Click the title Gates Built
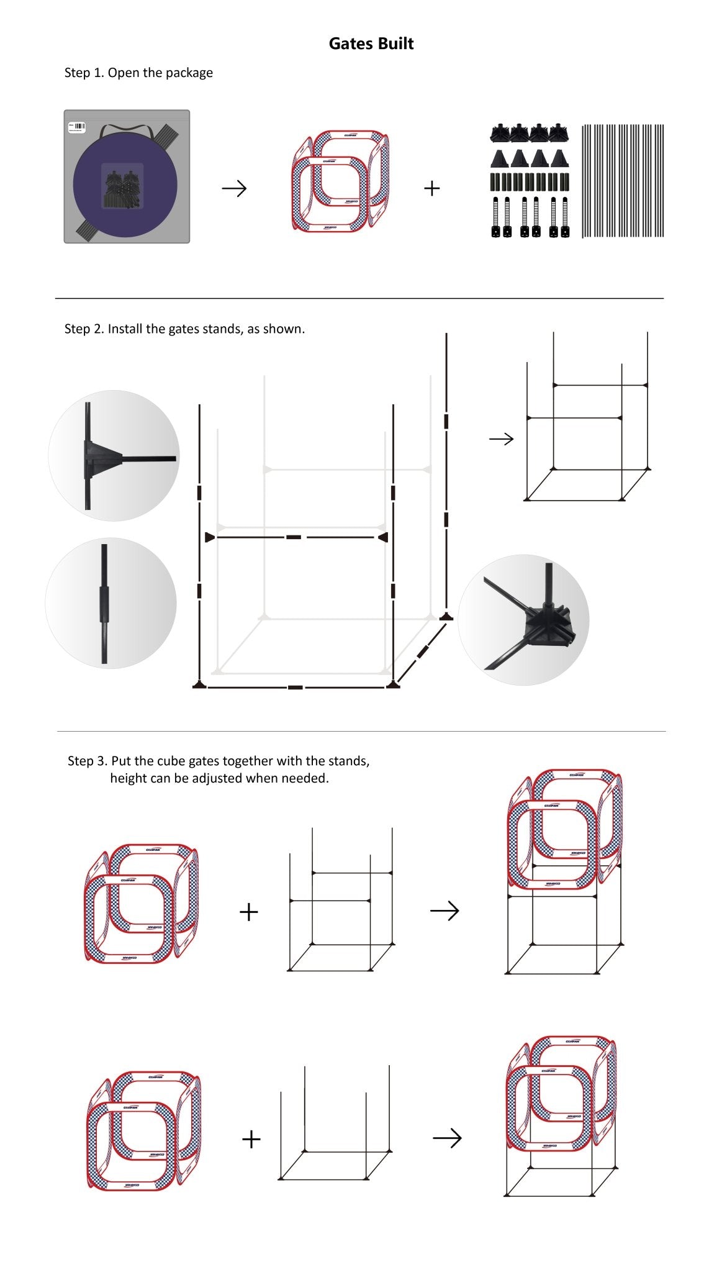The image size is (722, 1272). click(371, 43)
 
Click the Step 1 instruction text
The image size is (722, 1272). click(138, 73)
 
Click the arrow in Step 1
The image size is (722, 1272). click(234, 188)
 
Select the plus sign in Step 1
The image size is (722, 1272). click(431, 188)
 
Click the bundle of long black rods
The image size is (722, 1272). click(623, 181)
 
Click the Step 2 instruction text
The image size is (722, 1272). click(184, 329)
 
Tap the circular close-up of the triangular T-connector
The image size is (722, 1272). click(114, 456)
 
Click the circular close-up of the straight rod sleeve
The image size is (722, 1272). click(111, 603)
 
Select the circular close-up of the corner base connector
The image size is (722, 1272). click(523, 620)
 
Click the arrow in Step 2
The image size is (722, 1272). click(501, 439)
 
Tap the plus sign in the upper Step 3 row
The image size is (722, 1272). click(248, 912)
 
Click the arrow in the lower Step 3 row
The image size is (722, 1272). click(446, 1138)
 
